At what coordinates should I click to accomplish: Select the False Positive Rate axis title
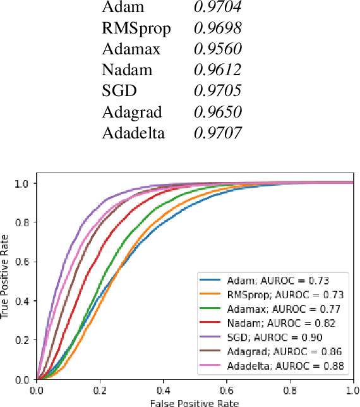pyautogui.click(x=195, y=402)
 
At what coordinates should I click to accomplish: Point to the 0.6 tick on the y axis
pyautogui.click(x=23, y=262)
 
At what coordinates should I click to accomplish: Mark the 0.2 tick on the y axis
pyautogui.click(x=23, y=341)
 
